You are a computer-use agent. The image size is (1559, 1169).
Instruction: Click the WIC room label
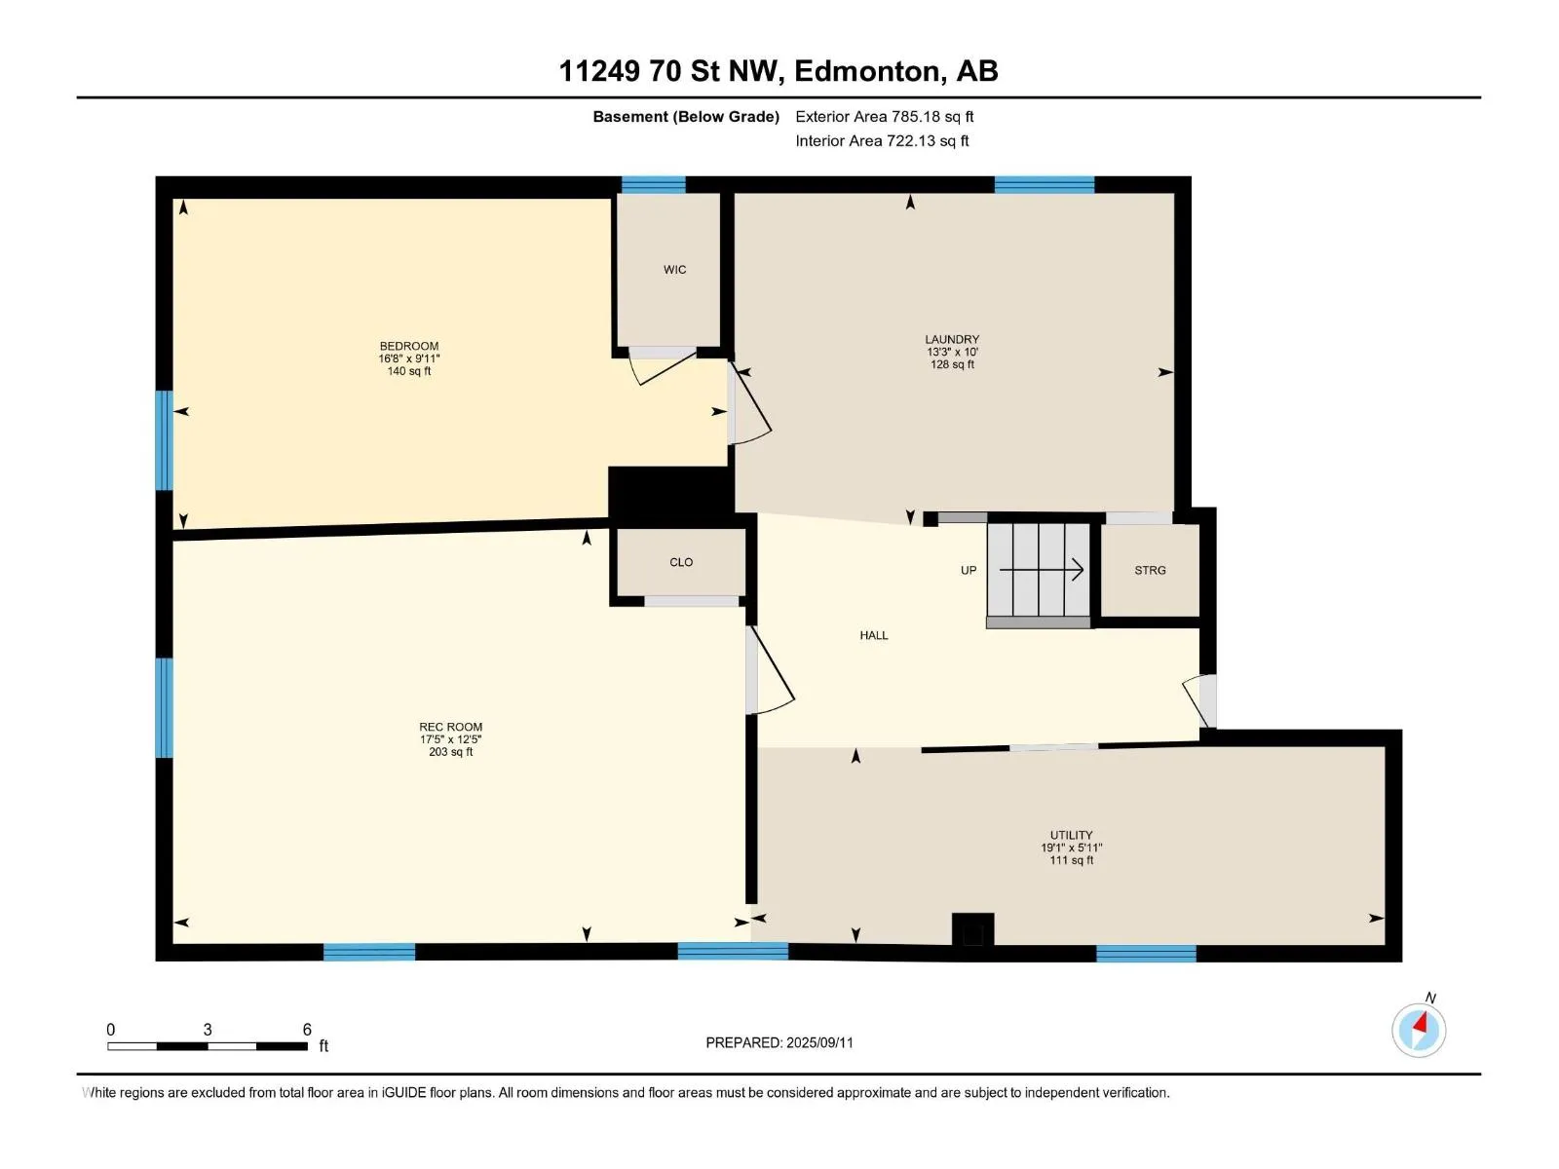[674, 270]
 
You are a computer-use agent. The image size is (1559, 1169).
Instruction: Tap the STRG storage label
[1149, 570]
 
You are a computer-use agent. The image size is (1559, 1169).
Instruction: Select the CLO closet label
[680, 562]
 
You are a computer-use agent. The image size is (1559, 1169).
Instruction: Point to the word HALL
[874, 635]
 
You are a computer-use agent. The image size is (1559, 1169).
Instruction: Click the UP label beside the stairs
[969, 570]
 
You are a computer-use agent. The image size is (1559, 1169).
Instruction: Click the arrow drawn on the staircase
[1042, 569]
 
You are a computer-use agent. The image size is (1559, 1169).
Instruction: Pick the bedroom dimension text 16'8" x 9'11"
[408, 358]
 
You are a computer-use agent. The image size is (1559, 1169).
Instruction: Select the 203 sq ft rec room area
[450, 752]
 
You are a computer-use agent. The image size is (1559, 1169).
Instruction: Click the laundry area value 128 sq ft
[952, 364]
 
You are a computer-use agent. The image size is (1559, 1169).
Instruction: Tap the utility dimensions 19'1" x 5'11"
[1071, 848]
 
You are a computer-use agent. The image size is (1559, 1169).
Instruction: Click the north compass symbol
[1418, 1030]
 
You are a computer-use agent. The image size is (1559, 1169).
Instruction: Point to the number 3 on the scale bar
[208, 1029]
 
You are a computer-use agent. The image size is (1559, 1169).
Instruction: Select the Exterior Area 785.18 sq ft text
[885, 116]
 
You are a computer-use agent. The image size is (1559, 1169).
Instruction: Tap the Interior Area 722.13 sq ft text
[882, 140]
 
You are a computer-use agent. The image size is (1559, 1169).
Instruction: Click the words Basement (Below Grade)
[686, 116]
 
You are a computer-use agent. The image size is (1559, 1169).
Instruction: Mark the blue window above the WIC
[653, 184]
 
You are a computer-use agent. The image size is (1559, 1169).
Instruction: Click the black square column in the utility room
[972, 929]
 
